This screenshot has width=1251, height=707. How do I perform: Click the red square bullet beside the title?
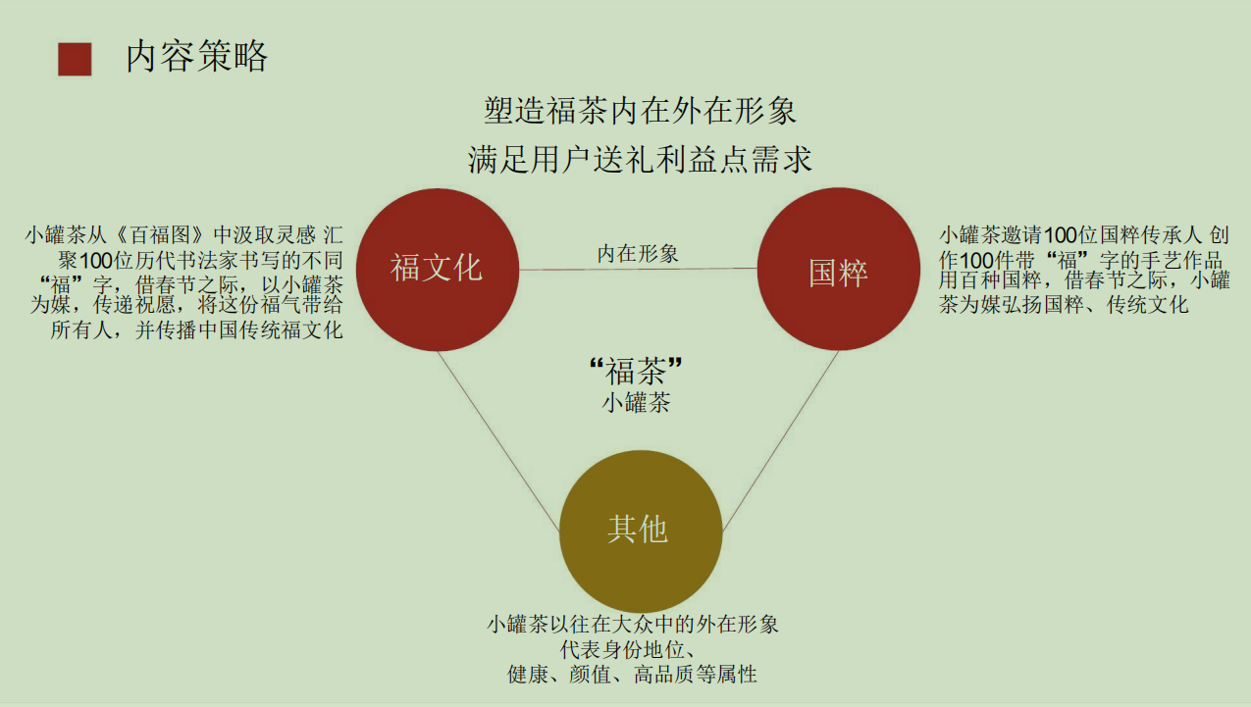click(75, 59)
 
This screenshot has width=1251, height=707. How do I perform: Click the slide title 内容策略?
click(196, 56)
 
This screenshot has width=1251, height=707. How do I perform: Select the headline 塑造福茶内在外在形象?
click(640, 111)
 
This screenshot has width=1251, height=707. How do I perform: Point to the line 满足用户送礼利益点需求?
click(640, 159)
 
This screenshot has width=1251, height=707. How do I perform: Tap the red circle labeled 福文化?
click(438, 270)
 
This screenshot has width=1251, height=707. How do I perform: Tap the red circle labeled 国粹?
click(838, 270)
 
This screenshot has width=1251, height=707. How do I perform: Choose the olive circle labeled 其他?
click(641, 531)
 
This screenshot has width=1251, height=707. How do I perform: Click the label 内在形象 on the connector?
click(638, 254)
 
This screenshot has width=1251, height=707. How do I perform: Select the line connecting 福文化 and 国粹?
click(639, 269)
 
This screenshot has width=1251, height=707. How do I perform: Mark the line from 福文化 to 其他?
click(498, 441)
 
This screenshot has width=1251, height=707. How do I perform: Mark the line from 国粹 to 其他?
click(780, 441)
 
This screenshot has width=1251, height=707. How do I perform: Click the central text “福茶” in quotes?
click(636, 371)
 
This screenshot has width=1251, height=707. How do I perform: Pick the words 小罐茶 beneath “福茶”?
click(636, 402)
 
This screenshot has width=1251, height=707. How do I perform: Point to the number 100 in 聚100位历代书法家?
click(96, 261)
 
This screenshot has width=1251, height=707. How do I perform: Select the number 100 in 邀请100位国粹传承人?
click(1060, 235)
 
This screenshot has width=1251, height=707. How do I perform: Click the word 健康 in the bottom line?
click(528, 675)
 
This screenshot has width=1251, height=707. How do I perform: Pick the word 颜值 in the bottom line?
click(590, 675)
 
